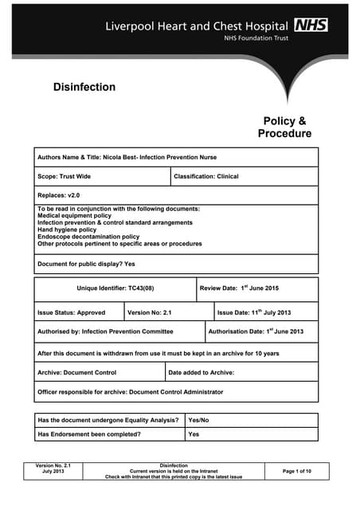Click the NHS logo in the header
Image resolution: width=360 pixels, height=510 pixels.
[311, 25]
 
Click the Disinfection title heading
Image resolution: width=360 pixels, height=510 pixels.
[84, 87]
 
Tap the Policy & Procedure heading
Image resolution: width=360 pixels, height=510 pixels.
[284, 127]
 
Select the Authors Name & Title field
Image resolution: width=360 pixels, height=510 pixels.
[127, 158]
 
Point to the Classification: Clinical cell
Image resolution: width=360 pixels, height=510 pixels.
[206, 176]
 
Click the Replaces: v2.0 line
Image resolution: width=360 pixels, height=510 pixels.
[59, 195]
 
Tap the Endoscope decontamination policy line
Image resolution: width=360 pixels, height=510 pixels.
[88, 237]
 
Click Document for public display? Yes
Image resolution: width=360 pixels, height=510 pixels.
[86, 263]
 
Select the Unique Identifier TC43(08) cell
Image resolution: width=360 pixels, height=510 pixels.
[115, 288]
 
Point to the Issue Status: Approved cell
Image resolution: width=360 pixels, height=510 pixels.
[71, 312]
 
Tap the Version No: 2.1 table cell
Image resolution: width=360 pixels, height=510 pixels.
[150, 312]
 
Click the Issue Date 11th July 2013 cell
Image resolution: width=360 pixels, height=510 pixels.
[258, 312]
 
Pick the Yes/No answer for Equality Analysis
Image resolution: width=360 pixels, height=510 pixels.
[198, 420]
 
